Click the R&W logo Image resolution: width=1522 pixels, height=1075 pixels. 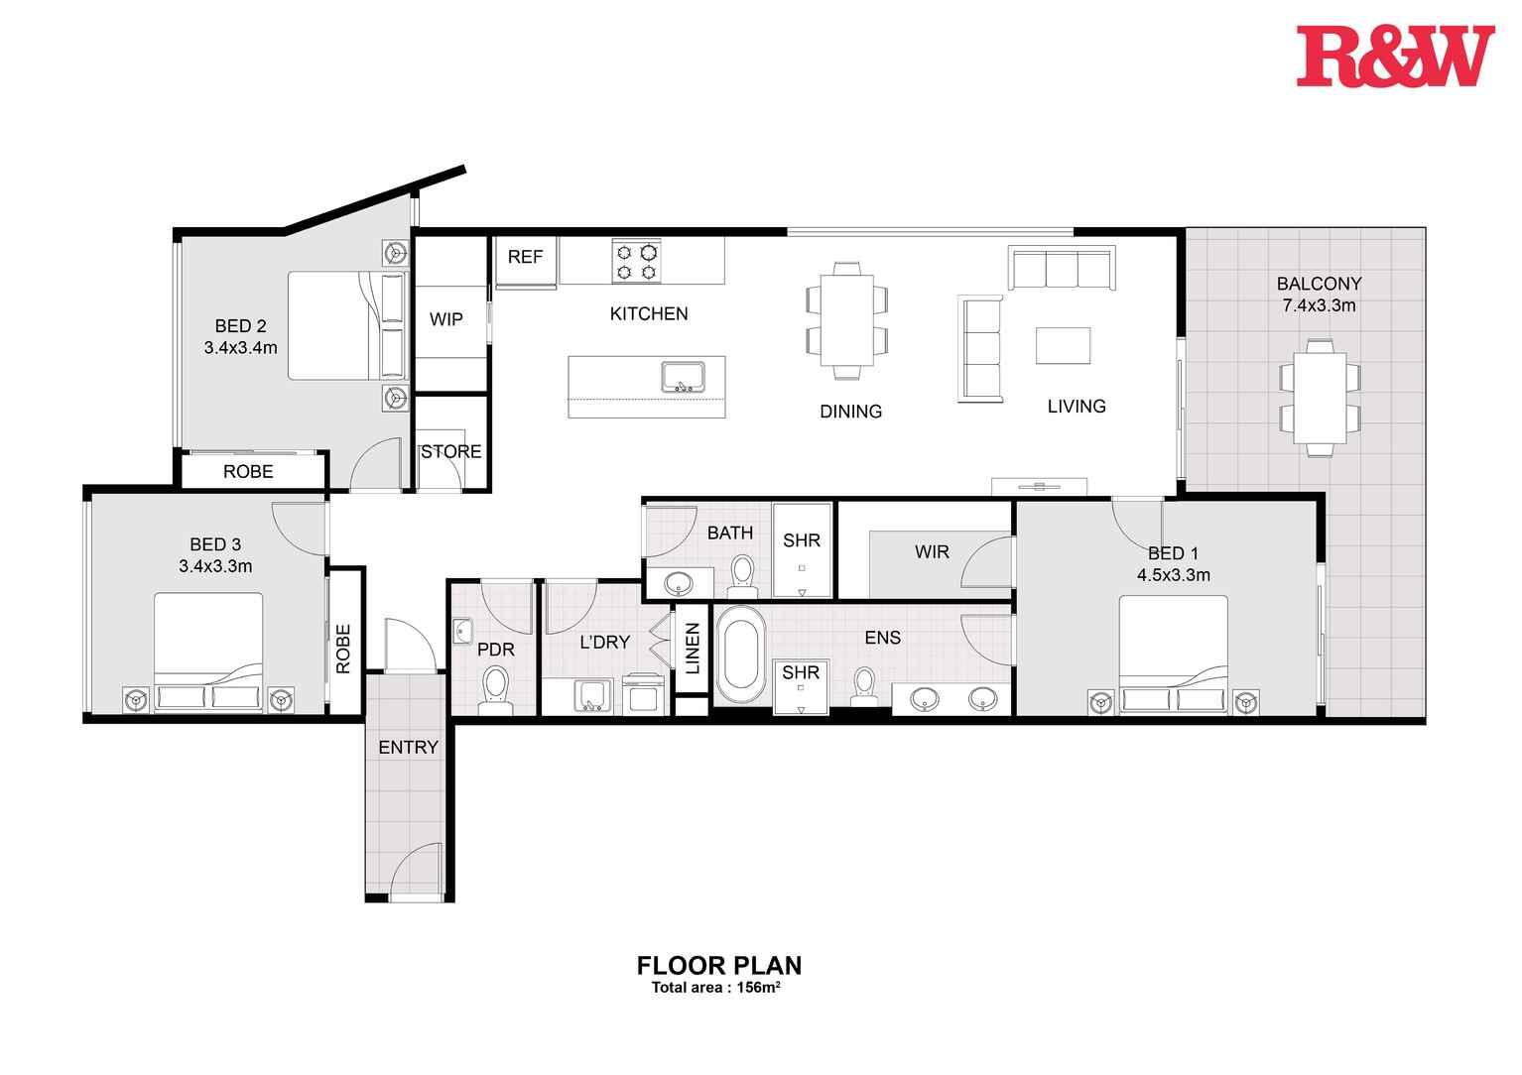click(1394, 57)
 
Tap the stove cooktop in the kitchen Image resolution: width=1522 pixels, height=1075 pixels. click(637, 262)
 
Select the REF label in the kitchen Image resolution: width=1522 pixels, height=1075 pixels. click(525, 257)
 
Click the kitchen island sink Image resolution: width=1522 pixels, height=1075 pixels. click(683, 377)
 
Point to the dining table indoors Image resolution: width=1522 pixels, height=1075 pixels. click(846, 320)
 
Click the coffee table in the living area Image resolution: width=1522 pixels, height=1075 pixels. click(1063, 345)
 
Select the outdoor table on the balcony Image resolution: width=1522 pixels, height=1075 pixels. click(1319, 397)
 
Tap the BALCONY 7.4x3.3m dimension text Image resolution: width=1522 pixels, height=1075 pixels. click(1319, 305)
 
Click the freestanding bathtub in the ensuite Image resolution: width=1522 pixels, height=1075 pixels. click(739, 655)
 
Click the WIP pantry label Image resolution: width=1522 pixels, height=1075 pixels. click(445, 319)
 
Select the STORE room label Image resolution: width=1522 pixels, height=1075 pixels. click(451, 451)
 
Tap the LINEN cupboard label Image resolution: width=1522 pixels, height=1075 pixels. click(693, 649)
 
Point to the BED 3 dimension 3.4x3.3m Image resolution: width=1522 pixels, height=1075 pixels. click(215, 566)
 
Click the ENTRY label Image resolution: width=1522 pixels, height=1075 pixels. click(408, 747)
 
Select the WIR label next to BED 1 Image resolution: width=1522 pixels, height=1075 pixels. click(932, 551)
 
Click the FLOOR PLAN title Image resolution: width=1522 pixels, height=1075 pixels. click(718, 965)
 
